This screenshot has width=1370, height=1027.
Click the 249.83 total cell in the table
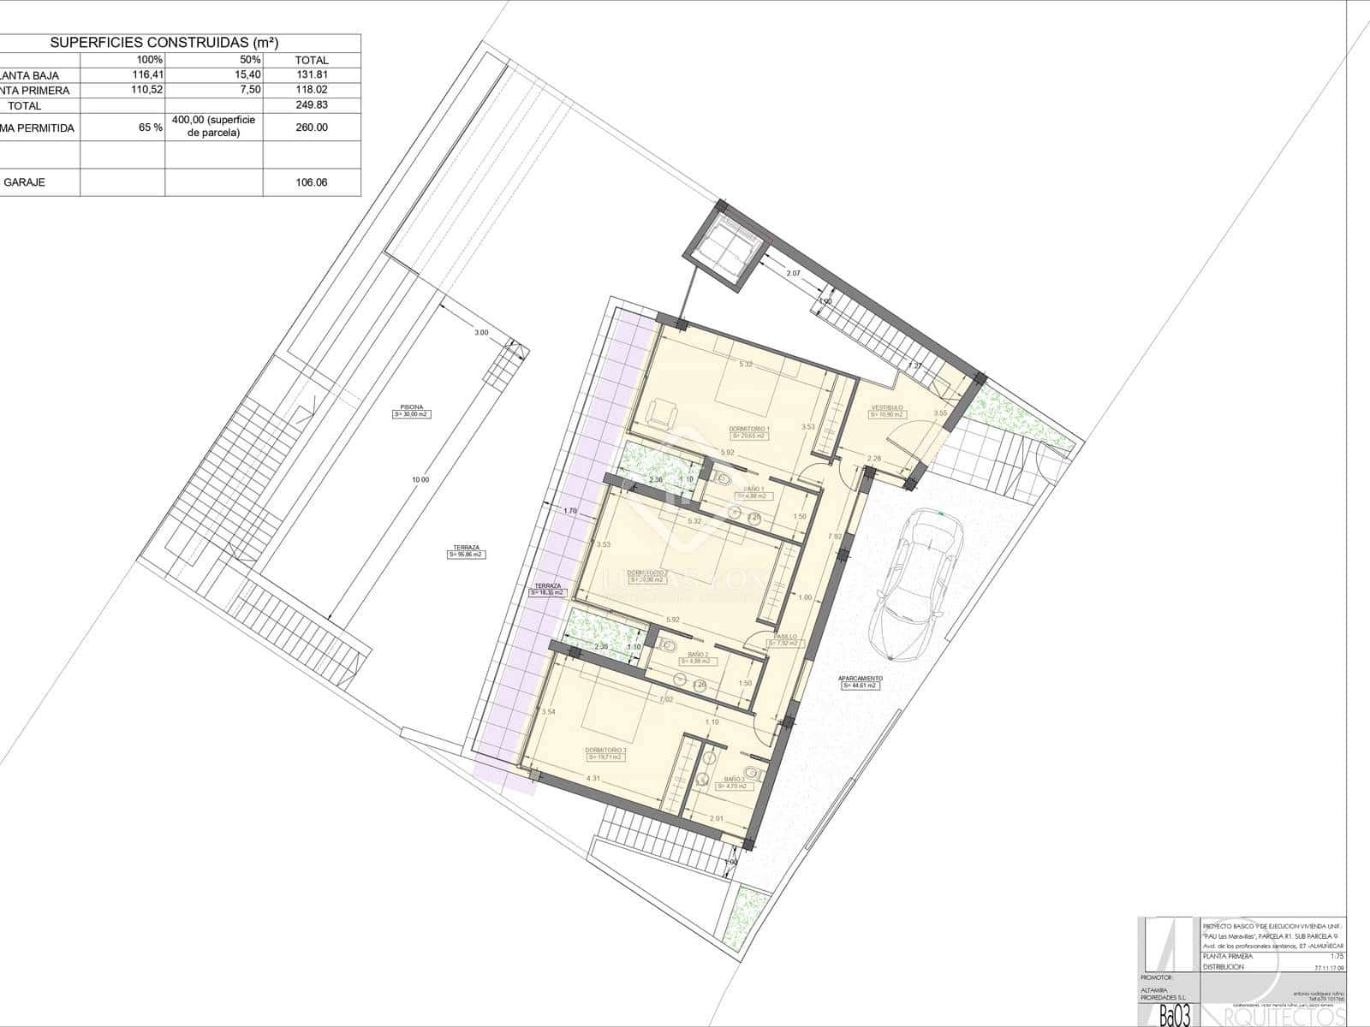311,105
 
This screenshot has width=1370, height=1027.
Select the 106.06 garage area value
311,182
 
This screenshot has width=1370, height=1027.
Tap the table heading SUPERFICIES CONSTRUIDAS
164,43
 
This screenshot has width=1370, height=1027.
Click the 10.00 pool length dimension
420,480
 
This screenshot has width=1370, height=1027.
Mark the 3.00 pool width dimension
481,332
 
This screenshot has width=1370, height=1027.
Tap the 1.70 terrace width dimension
570,511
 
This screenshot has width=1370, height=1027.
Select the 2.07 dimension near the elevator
793,273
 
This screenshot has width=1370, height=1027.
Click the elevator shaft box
722,250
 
